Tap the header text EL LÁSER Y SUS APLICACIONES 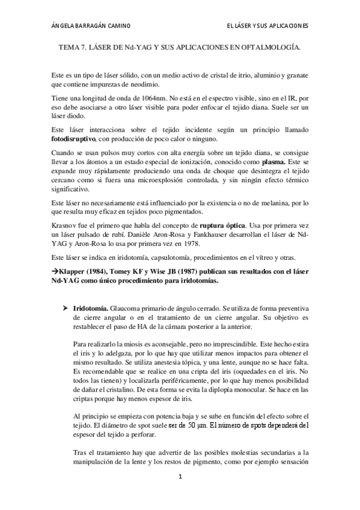point(267,26)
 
